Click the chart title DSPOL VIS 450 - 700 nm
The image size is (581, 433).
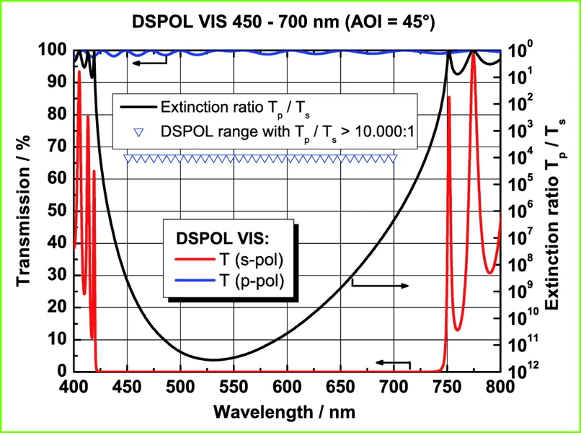click(x=283, y=22)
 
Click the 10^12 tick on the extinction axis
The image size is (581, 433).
click(x=523, y=372)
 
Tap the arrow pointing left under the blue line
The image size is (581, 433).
click(x=148, y=63)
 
